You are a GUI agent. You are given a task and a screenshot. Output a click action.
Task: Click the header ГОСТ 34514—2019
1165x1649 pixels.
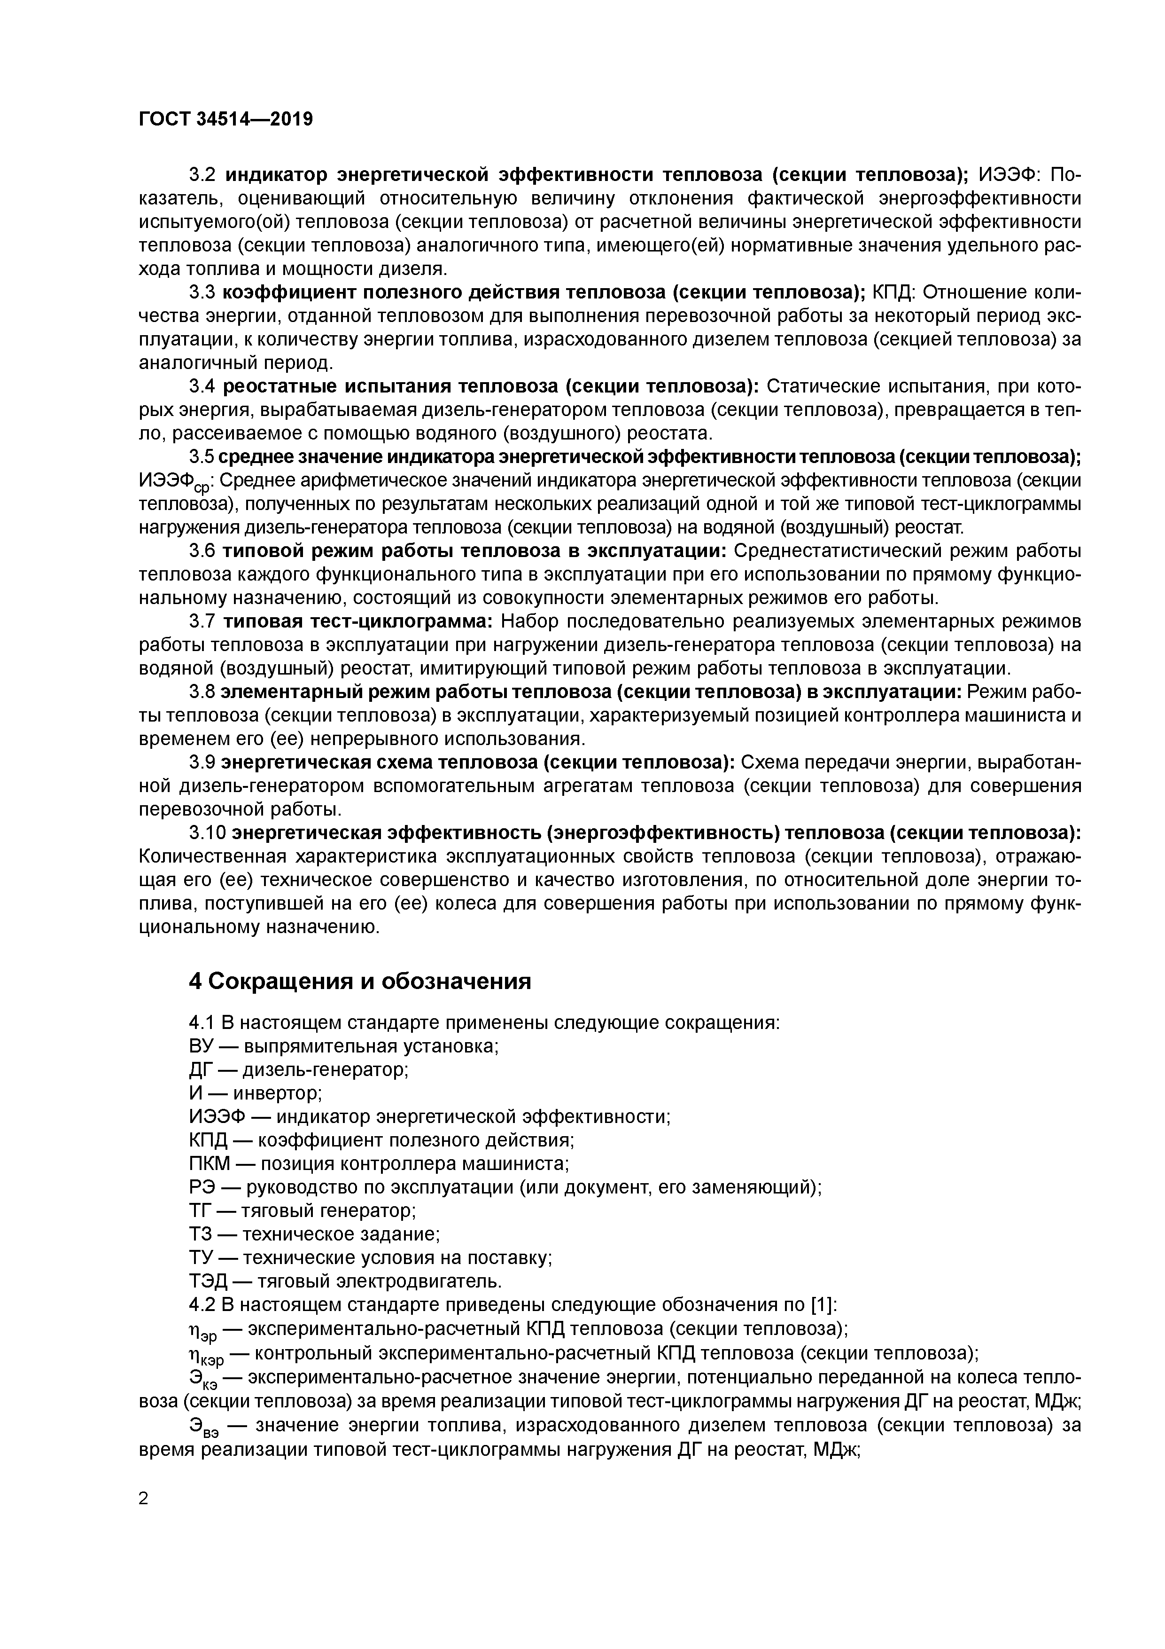pos(225,119)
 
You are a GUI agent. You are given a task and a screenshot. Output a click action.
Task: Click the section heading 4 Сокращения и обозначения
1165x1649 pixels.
pos(360,981)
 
